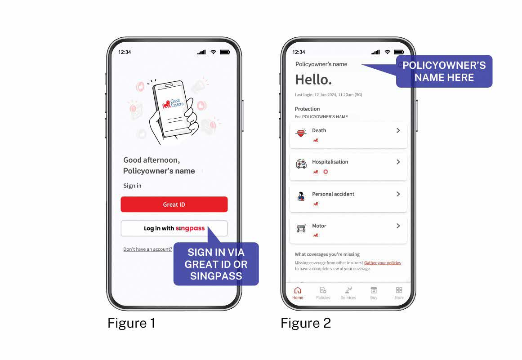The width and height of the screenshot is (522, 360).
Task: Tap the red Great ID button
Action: [174, 204]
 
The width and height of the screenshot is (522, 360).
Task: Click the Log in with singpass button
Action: [174, 229]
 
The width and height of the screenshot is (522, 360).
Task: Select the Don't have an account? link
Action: [147, 249]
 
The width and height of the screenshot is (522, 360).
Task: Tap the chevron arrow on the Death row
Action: [398, 130]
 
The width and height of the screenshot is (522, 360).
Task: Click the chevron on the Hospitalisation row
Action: [398, 162]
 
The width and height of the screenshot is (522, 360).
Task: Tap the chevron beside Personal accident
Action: [398, 194]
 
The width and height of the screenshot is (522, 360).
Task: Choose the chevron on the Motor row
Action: [398, 226]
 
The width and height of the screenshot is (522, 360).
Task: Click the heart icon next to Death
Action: [301, 133]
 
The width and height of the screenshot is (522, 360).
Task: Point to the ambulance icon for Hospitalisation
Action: [301, 164]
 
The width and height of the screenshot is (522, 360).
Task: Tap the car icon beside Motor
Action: [301, 228]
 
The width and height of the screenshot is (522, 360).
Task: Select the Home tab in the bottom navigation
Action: [298, 293]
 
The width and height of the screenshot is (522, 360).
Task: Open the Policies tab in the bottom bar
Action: [323, 293]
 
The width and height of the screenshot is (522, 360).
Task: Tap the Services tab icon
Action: [348, 290]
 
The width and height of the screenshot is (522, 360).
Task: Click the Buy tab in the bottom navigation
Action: [374, 293]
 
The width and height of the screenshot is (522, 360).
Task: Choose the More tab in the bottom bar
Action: [399, 293]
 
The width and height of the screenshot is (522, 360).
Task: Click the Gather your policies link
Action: [383, 263]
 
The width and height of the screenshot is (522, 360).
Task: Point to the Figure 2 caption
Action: [306, 323]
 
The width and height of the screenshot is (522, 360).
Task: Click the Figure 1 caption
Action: [131, 323]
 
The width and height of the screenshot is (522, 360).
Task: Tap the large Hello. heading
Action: [313, 80]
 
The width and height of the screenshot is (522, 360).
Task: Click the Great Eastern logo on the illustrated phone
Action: [173, 103]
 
